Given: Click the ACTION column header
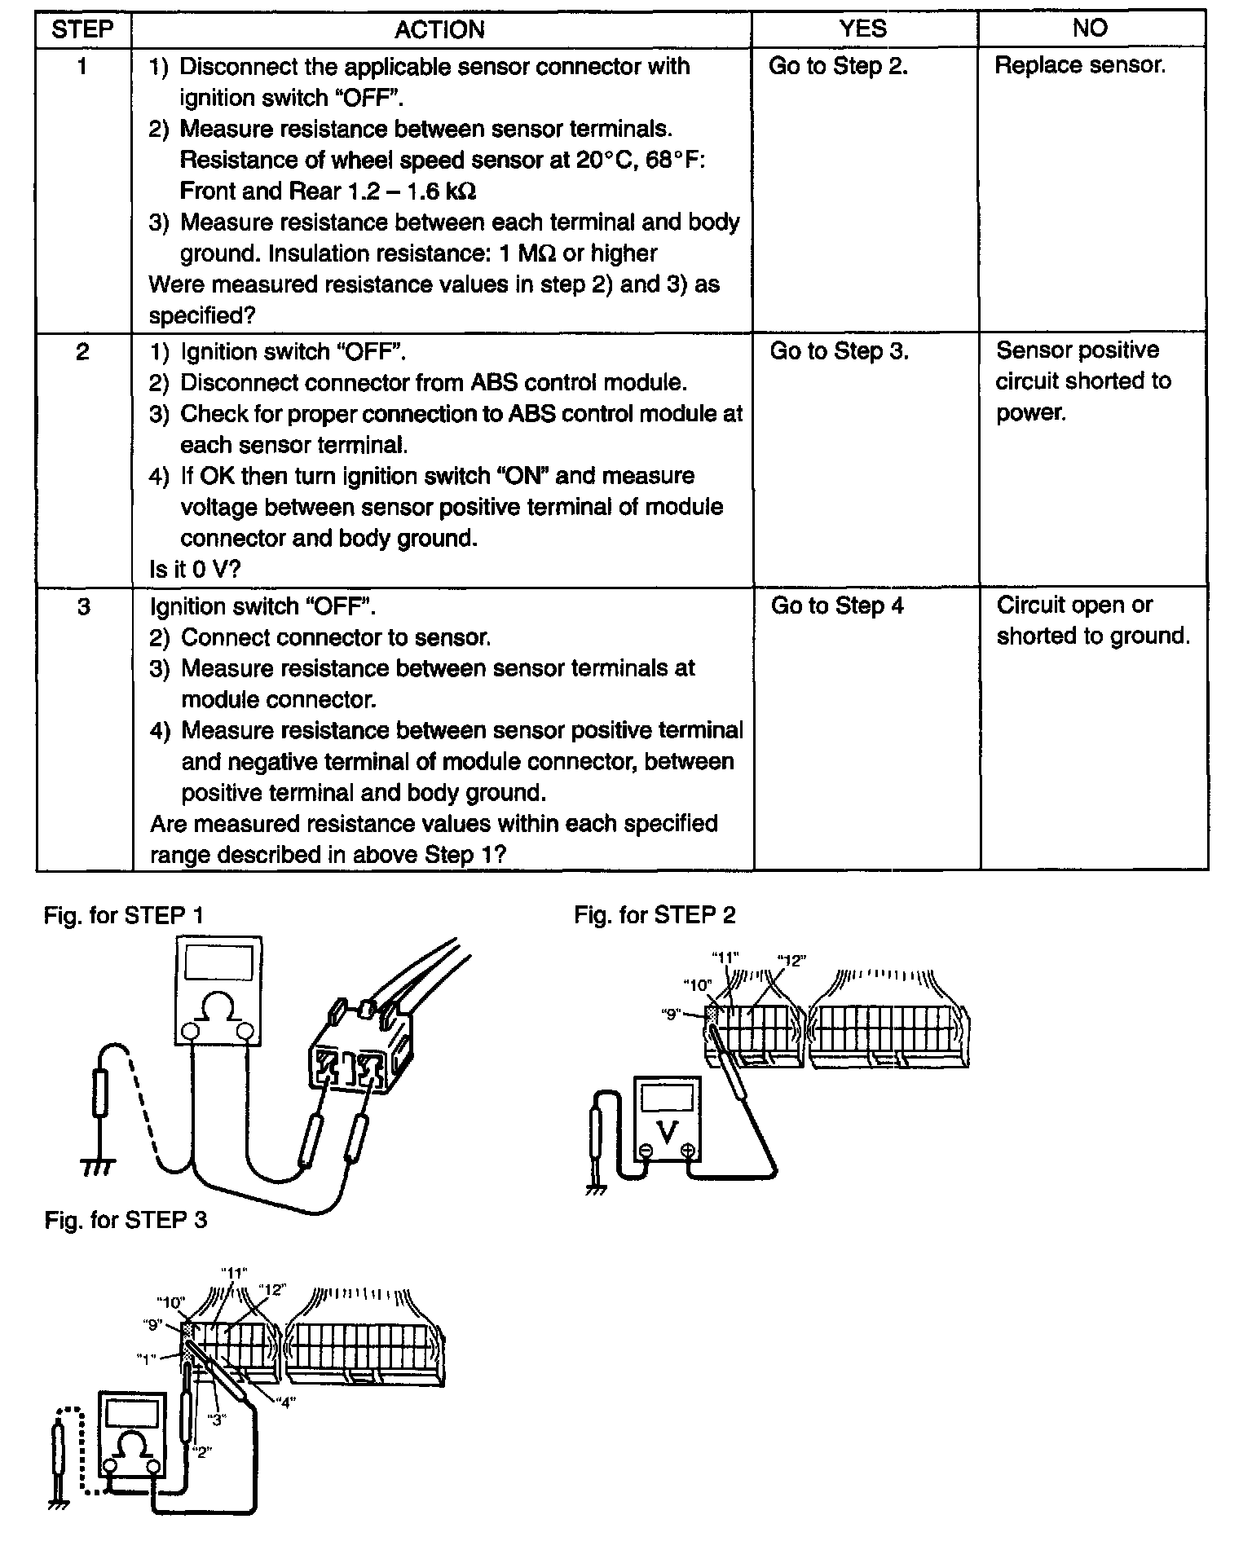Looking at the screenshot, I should point(439,29).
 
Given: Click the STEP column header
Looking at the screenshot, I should point(82,29).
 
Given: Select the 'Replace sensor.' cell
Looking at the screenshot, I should point(1080,65).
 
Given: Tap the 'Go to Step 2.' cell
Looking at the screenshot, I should point(838,66).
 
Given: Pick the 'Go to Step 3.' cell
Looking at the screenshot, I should point(839,351).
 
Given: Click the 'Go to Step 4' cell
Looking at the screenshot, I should point(837,605).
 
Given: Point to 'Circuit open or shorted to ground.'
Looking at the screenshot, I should point(1092,620).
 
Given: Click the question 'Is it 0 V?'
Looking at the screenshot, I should point(195,569).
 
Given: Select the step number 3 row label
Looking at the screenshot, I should point(83,606).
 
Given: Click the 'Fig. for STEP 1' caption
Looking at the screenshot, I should point(124,915).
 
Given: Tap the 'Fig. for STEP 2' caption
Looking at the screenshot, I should point(655,915).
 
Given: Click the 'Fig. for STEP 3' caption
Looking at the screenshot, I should point(126,1220).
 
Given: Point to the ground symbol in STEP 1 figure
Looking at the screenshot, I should point(98,1168).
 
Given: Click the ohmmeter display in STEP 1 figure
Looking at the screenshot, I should point(218,962).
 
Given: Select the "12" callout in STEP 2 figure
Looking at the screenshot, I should point(791,960).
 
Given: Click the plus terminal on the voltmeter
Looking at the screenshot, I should point(688,1151).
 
